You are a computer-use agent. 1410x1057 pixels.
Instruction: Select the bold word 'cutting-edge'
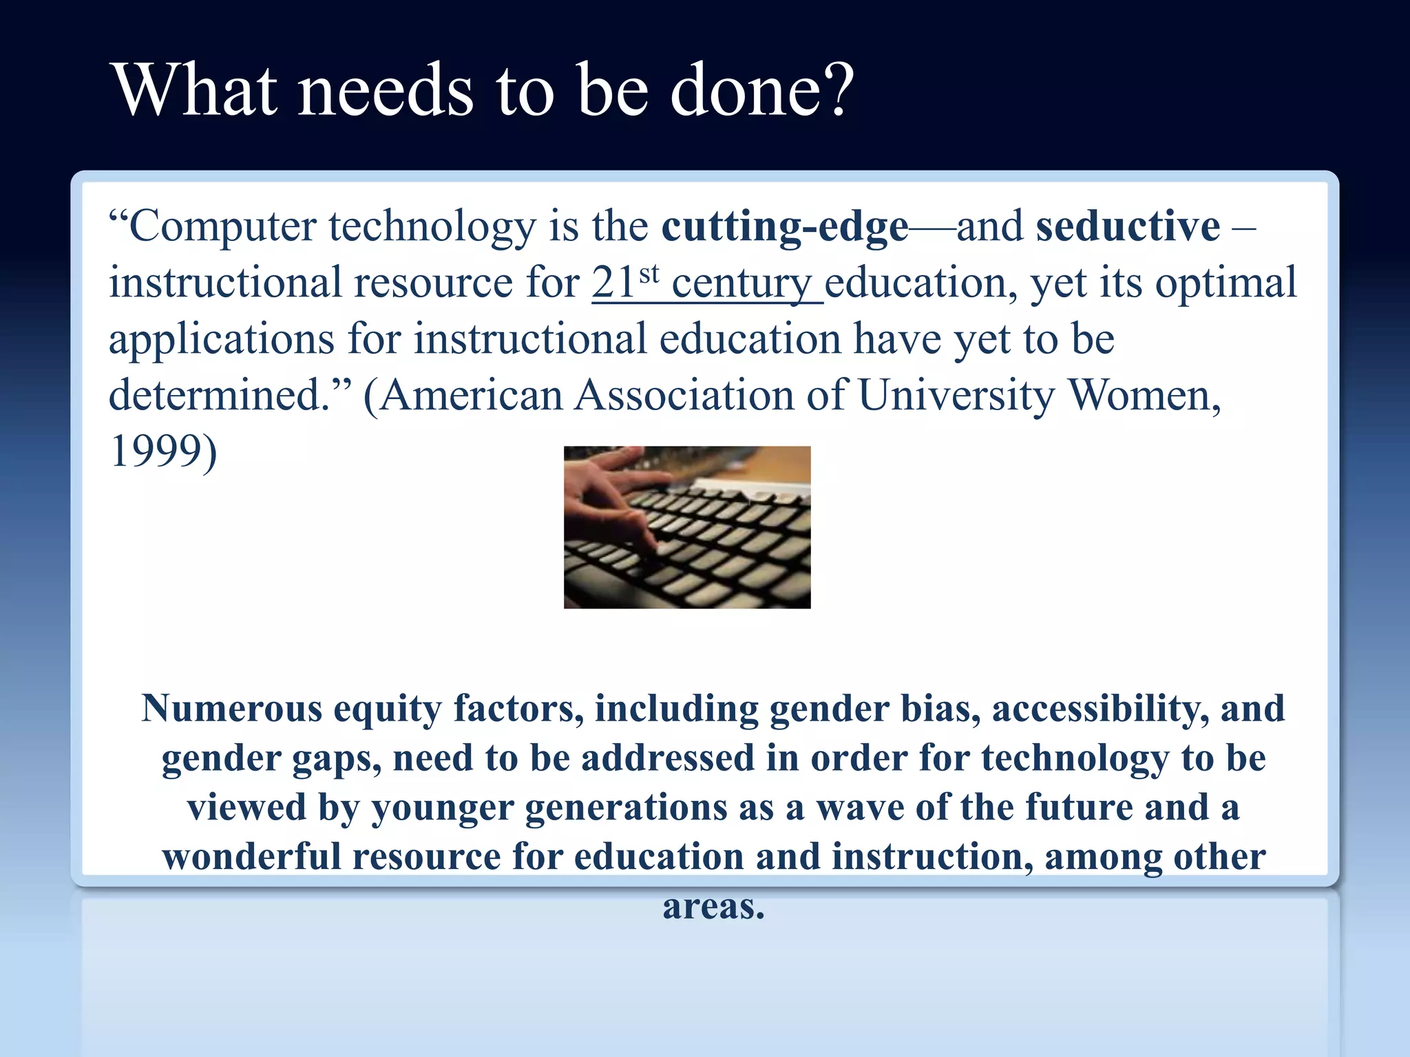point(785,227)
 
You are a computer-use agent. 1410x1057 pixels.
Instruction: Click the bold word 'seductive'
point(1128,227)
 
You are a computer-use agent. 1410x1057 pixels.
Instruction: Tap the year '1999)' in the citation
point(163,452)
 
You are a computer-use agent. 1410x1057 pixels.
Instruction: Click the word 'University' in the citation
point(956,396)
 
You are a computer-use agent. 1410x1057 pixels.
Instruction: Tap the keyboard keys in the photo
point(723,544)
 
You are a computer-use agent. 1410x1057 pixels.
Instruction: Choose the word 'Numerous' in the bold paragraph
point(231,709)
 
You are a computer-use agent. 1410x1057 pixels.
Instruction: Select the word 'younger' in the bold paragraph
point(443,809)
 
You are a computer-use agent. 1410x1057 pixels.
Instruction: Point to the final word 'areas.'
point(713,907)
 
